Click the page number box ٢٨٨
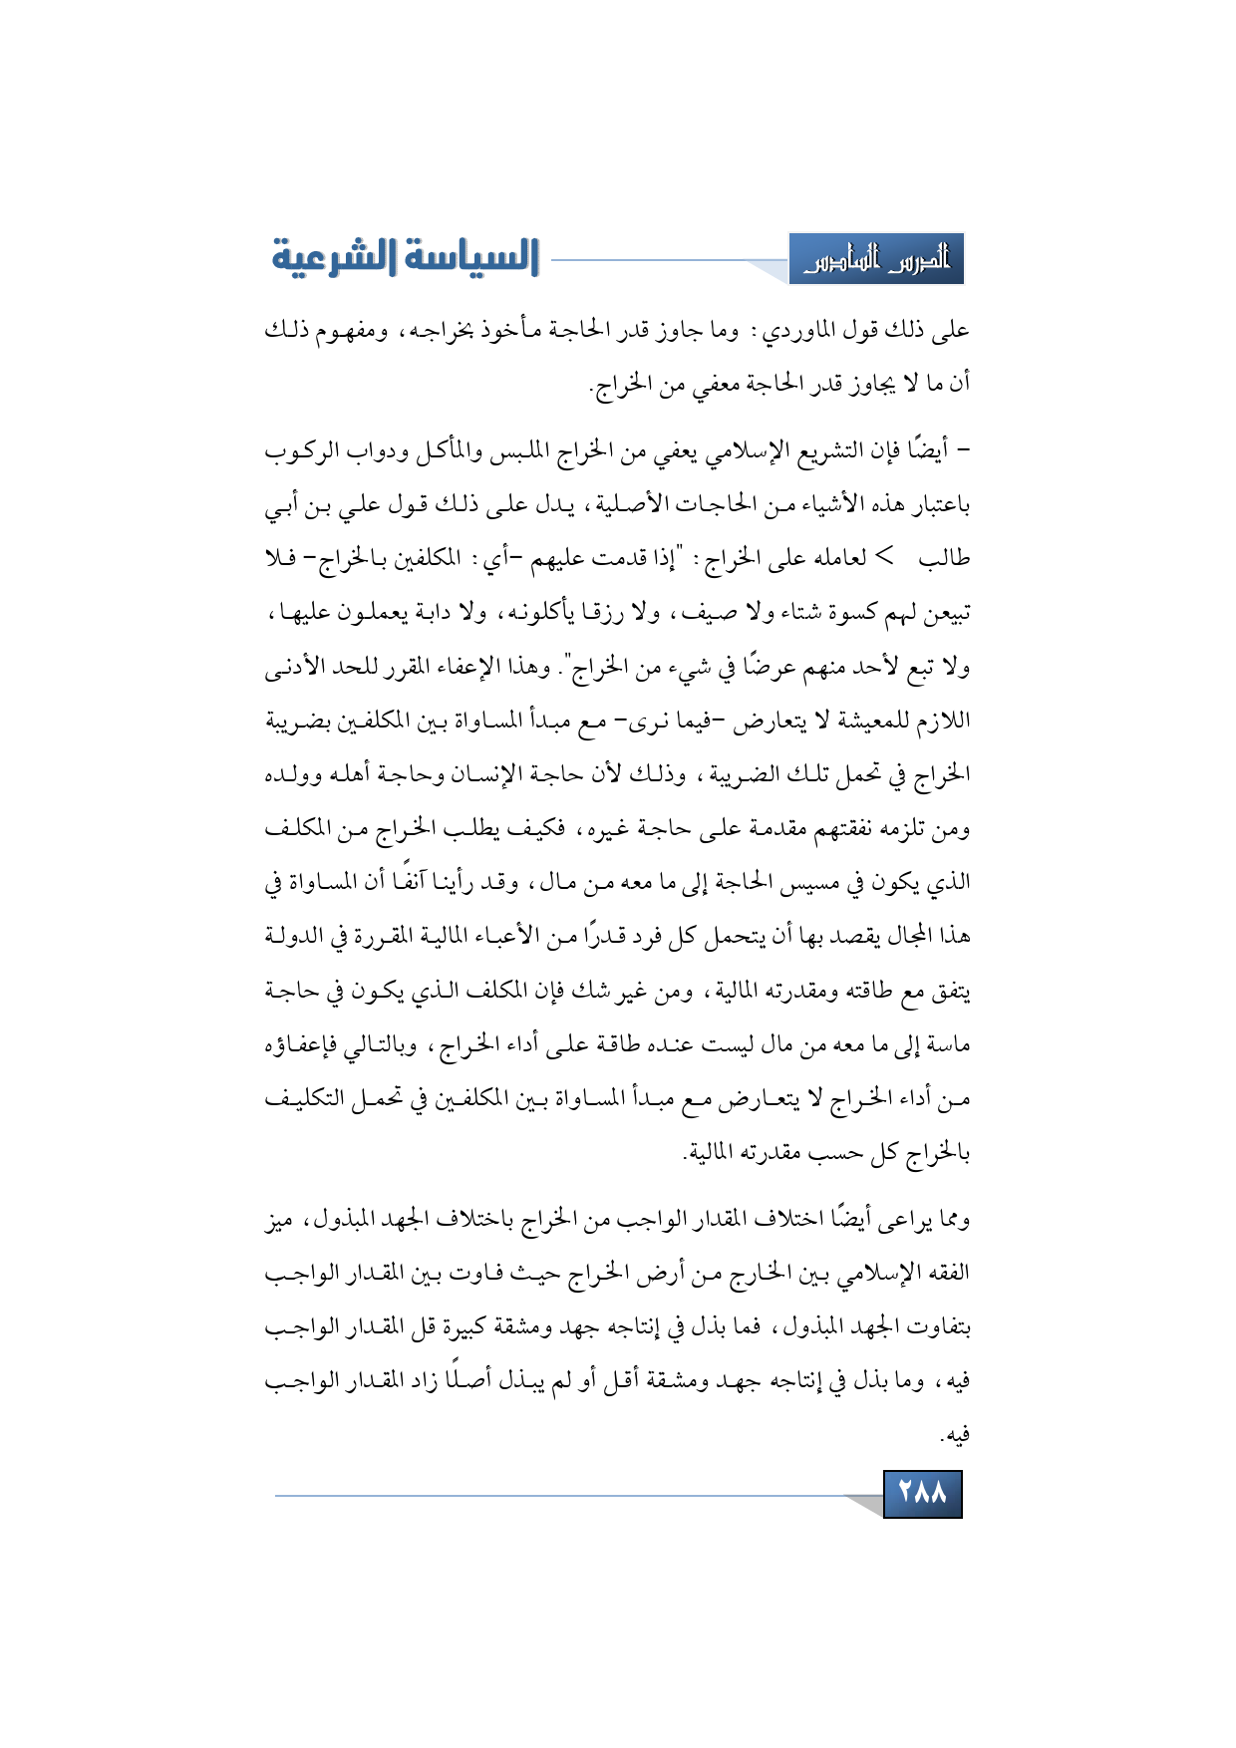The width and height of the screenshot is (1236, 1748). [x=922, y=1493]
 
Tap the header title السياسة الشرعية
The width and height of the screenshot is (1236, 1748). [x=406, y=257]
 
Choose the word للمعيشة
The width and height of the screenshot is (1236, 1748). [x=876, y=721]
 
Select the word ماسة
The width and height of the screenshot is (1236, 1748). [x=948, y=1044]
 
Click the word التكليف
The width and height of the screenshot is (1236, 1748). [x=301, y=1098]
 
